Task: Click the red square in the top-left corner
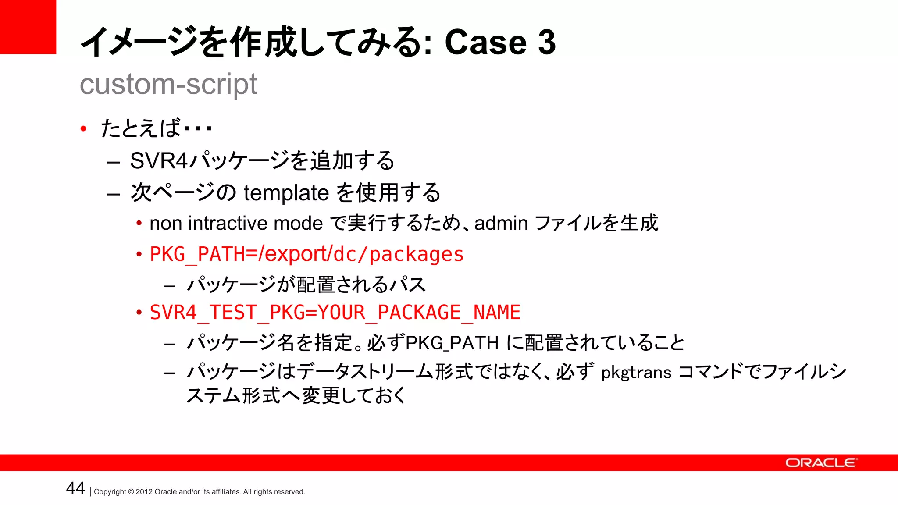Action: [x=28, y=27]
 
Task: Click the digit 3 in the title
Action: [x=546, y=43]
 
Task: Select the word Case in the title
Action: [x=485, y=43]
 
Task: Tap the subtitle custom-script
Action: [x=168, y=84]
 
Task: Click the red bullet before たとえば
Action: [x=83, y=129]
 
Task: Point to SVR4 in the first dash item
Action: [x=159, y=160]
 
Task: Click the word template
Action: [x=286, y=193]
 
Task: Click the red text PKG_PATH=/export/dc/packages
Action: [x=306, y=254]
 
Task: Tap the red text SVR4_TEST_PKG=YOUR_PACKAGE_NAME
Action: [x=335, y=313]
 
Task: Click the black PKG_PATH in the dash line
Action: [x=452, y=343]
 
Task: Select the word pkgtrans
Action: [x=636, y=373]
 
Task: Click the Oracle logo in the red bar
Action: [x=820, y=463]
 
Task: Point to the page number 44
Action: [x=75, y=488]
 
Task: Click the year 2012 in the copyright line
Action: [x=144, y=492]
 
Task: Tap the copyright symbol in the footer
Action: [x=131, y=492]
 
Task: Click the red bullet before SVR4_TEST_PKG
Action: [x=139, y=313]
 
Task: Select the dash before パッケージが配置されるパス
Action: [x=169, y=286]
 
